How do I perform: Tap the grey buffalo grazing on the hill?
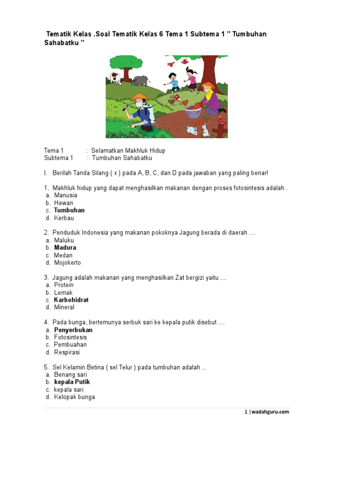tap(141, 80)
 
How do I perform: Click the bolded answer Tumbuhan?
tap(69, 210)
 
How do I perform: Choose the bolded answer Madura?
tap(65, 247)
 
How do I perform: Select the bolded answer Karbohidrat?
tap(71, 300)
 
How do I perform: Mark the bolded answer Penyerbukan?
tap(73, 330)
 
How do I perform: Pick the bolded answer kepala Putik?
tap(72, 382)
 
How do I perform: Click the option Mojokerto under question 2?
tap(67, 262)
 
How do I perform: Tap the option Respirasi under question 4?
tap(67, 352)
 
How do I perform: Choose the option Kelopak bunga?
tap(75, 397)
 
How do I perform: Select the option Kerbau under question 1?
tap(64, 218)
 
